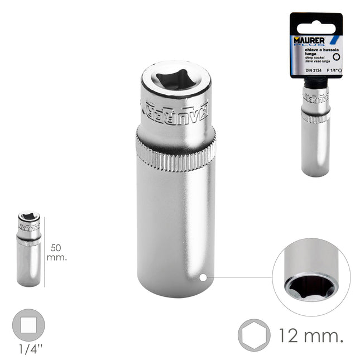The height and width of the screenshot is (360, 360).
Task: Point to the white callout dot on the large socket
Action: (203, 276)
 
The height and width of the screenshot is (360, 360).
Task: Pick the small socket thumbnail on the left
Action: (28, 248)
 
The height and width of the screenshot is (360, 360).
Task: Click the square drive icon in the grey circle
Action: (28, 327)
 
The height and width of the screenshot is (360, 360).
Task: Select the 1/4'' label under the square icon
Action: (28, 351)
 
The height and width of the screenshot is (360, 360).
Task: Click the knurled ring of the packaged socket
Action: (316, 117)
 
